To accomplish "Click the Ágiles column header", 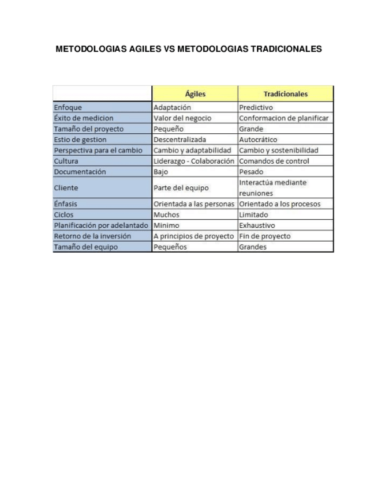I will [195, 93].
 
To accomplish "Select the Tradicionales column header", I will [285, 93].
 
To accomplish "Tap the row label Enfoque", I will [68, 107].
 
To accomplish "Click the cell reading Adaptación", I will [172, 107].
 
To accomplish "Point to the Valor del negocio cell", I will [182, 118].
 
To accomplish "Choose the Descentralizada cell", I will [179, 140].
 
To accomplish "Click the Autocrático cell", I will [258, 140].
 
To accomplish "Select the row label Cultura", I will [66, 161].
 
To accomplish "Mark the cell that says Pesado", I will [251, 172].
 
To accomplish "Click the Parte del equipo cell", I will [181, 188].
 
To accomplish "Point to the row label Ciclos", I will [63, 215].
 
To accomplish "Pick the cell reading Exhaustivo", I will [257, 225].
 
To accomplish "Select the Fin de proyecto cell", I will [264, 236].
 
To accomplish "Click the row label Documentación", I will [80, 172].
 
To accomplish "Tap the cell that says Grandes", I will [253, 247].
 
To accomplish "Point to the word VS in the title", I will [169, 50].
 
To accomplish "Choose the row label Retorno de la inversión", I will [92, 236].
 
